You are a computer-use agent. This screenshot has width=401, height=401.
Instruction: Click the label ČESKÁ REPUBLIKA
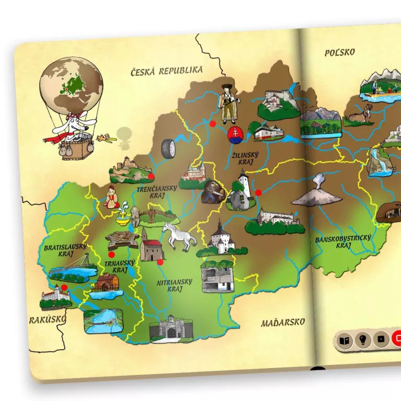[167, 71]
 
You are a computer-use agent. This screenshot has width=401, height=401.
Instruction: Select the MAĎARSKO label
[283, 323]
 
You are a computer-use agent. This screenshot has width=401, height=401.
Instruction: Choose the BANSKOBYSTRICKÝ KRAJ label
[343, 242]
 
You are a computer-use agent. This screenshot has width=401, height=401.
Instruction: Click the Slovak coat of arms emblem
[236, 134]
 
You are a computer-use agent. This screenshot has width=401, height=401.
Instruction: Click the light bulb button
[361, 340]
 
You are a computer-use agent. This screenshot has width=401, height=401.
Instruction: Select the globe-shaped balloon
[71, 84]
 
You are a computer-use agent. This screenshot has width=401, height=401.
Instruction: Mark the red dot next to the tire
[213, 124]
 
